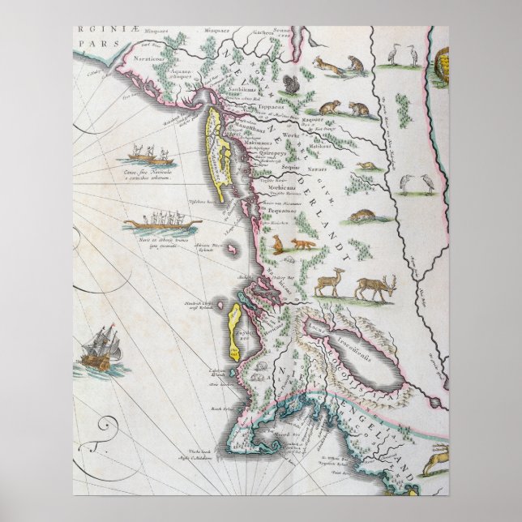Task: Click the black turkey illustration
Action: (x=291, y=86)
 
